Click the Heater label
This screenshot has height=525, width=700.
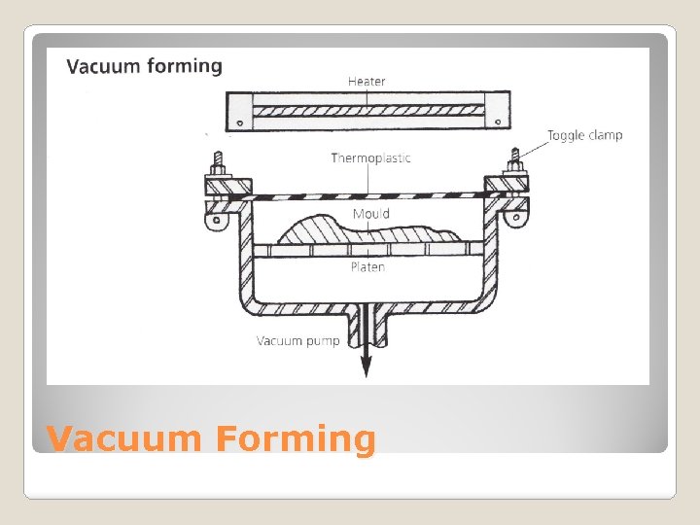367,82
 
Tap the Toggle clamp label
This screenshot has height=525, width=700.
585,135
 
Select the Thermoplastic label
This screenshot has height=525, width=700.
370,158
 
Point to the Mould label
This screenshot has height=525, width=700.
371,214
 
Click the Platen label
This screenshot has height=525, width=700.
367,267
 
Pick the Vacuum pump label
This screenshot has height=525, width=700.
297,341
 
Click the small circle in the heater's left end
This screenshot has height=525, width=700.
240,122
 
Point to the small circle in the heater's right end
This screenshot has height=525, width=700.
498,122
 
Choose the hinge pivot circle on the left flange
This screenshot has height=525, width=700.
217,220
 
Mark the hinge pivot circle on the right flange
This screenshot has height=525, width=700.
516,218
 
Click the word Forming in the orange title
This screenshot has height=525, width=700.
296,439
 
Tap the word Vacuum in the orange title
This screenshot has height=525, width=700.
124,438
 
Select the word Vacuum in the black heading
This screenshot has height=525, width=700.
104,66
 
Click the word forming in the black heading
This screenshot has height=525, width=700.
185,66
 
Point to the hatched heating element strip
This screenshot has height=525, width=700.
368,110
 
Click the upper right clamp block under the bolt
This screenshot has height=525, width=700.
507,184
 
